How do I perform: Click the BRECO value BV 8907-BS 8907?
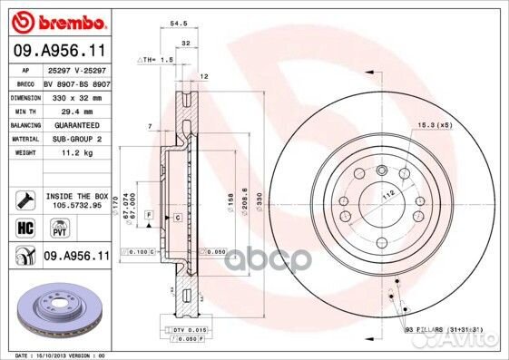point(76,83)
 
